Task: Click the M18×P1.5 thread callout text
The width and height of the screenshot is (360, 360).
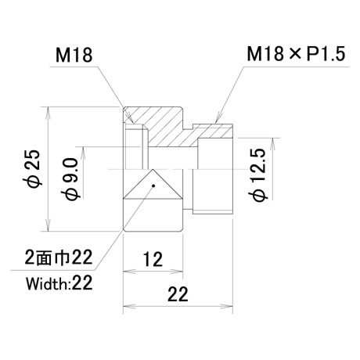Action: tap(296, 54)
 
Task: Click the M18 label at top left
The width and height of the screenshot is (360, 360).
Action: tap(74, 56)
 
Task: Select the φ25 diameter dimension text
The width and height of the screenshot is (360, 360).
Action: tap(34, 168)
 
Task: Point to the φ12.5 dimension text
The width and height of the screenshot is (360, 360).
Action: tap(258, 175)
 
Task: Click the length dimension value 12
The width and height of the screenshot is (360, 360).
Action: tap(153, 260)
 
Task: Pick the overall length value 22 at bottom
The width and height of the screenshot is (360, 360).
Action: tap(178, 294)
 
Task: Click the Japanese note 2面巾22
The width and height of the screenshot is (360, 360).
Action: tap(59, 257)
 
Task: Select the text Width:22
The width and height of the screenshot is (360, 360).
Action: tap(59, 283)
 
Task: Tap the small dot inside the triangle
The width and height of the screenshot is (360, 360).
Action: tap(153, 185)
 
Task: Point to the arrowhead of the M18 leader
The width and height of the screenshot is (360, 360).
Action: tap(130, 119)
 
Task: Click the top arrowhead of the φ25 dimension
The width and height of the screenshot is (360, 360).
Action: tap(48, 112)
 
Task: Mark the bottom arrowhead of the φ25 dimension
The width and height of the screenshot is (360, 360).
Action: tap(48, 225)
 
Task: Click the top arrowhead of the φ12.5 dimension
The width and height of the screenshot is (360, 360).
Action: tap(272, 143)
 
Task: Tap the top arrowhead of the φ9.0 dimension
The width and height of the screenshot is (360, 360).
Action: tap(84, 153)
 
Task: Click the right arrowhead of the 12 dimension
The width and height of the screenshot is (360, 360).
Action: tap(177, 272)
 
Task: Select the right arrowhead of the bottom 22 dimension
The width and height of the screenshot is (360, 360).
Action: tap(226, 306)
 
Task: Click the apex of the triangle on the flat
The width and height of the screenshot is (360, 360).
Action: tap(153, 169)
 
